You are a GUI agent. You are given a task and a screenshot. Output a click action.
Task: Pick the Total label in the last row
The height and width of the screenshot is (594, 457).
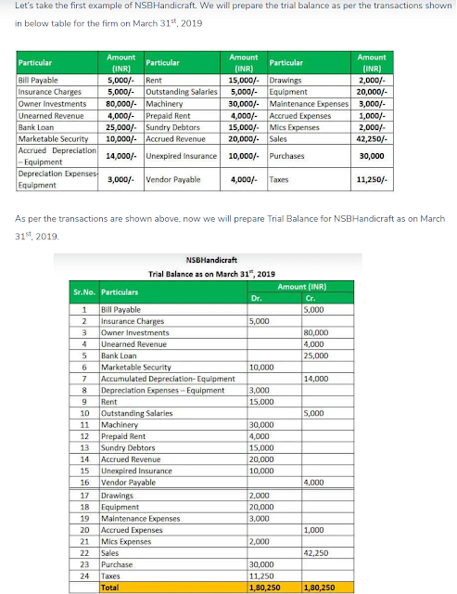pos(109,588)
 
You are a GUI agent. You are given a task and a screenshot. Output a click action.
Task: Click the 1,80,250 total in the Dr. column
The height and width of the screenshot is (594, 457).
pos(265,588)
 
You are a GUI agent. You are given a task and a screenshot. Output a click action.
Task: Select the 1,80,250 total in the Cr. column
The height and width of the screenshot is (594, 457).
pos(320,588)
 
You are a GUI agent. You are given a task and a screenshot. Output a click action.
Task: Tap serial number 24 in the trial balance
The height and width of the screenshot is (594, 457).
pos(84,575)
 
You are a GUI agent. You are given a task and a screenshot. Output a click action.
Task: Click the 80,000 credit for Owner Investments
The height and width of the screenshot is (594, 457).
pos(316,332)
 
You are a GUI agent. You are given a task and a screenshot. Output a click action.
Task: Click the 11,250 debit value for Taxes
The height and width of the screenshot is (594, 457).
pos(261,575)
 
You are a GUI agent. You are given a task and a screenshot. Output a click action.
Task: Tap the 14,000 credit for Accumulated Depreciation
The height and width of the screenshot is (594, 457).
pos(316,379)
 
